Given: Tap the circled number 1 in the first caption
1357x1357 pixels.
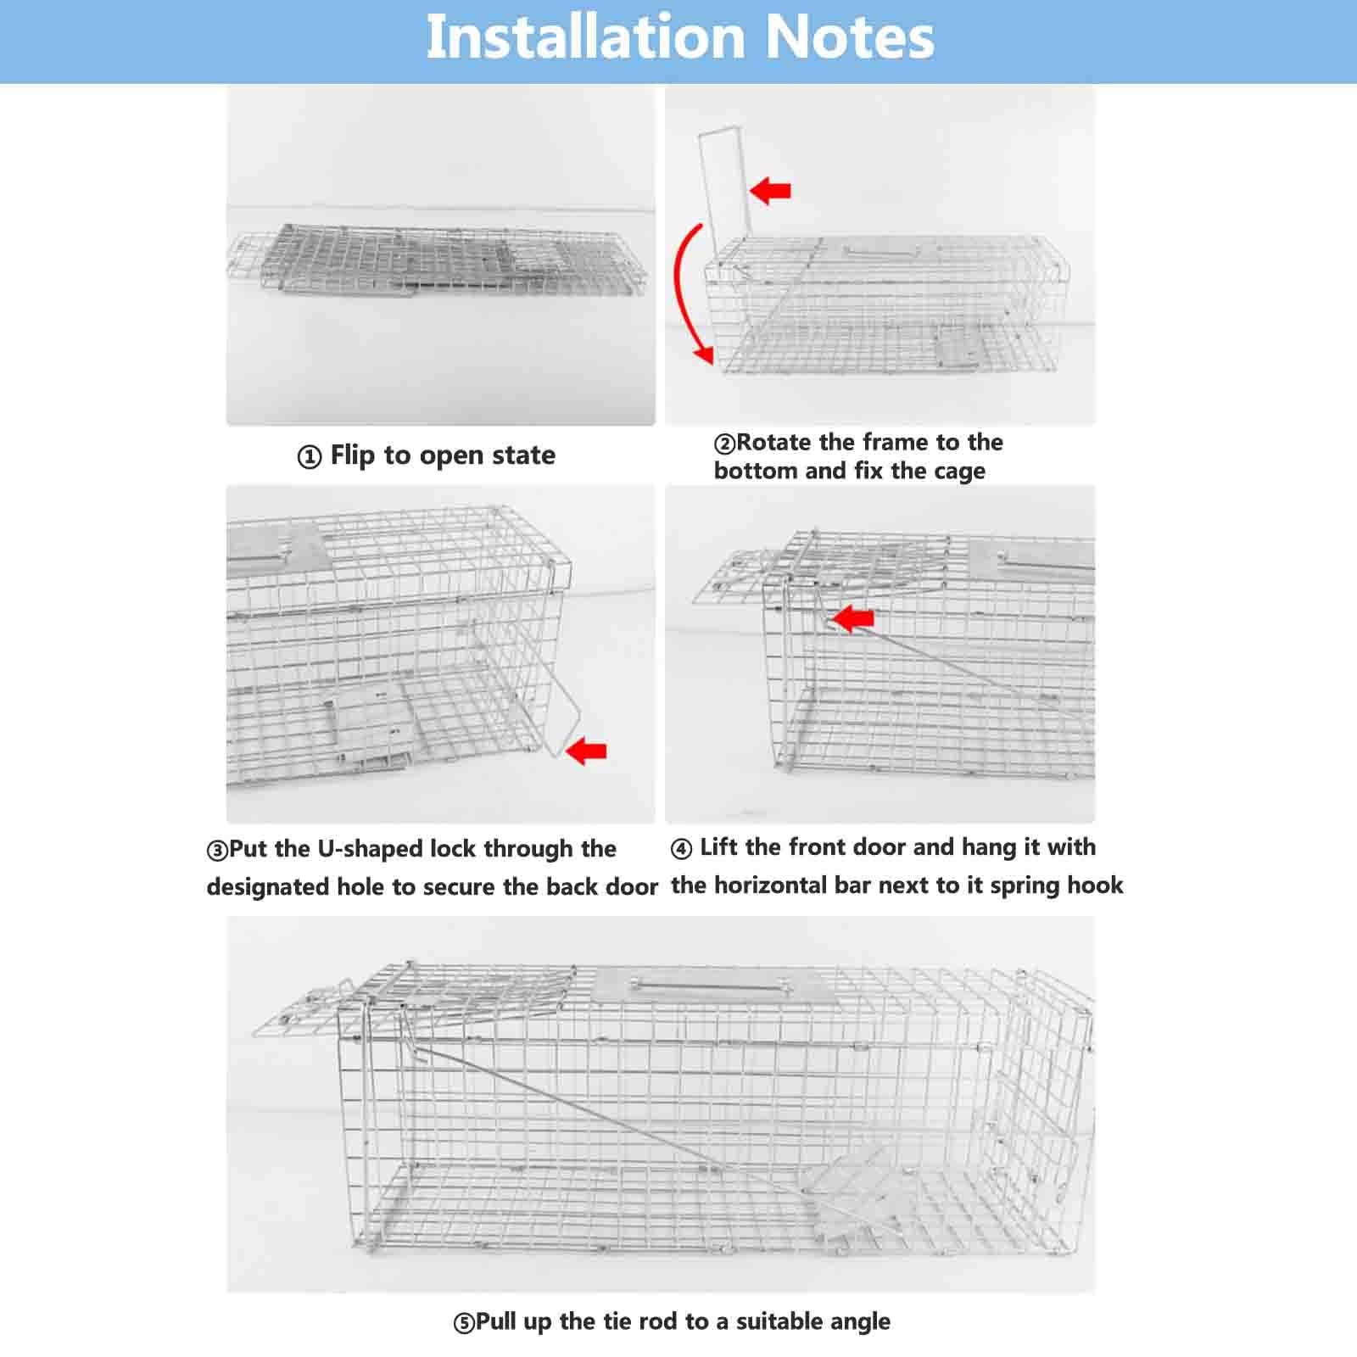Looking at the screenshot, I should pos(310,457).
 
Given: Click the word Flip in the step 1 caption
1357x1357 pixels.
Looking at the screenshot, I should pos(352,455).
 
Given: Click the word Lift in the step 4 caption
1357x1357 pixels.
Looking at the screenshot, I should pos(719,847).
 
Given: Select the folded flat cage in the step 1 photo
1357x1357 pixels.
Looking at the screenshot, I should pos(441,259).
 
